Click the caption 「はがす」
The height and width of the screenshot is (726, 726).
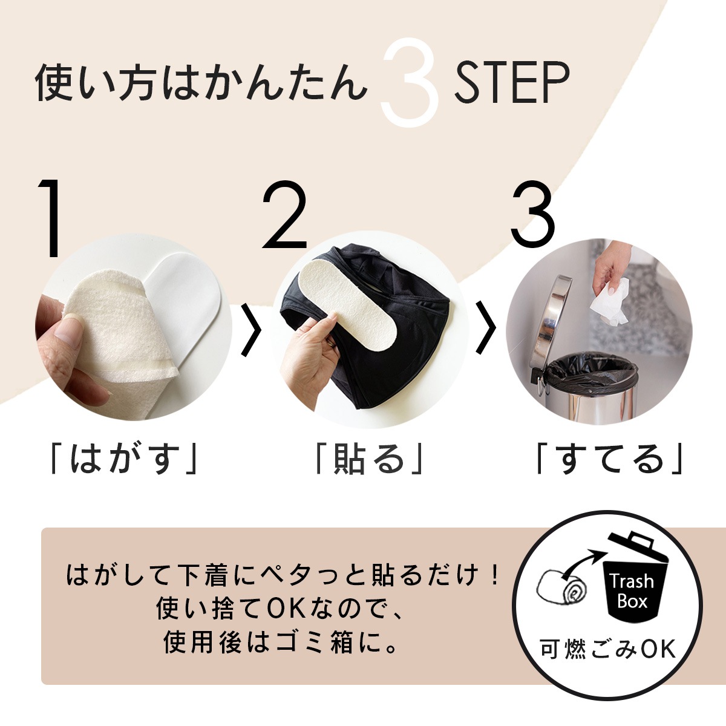[125, 459]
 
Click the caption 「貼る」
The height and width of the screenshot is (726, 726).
[368, 459]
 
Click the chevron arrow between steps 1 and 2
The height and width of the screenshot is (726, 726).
[250, 330]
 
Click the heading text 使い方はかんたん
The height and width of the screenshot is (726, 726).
[201, 83]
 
